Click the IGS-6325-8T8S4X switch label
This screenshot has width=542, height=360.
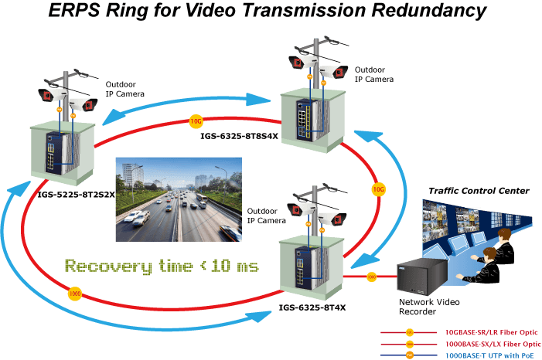coord(239,136)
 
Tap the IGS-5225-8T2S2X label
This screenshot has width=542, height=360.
coord(76,195)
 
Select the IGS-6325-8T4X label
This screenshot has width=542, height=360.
coord(312,307)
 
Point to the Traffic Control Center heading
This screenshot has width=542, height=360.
coord(479,191)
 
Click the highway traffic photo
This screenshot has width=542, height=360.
coord(179,199)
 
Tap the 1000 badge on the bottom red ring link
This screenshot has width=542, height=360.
coord(75,294)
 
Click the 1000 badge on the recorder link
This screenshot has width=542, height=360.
coord(371,277)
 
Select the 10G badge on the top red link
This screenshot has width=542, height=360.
coord(196,121)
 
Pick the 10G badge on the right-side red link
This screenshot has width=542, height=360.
coord(379,189)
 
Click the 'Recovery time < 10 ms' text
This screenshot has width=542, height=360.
coord(162,267)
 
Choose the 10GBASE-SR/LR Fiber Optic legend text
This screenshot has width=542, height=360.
coord(491,332)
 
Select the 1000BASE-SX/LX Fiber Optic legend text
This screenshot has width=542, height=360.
coord(493,344)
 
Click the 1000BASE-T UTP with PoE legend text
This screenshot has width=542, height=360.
coord(489,355)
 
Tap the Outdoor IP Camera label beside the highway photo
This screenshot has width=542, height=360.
coord(267,216)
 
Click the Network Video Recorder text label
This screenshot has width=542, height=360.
coord(429,307)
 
